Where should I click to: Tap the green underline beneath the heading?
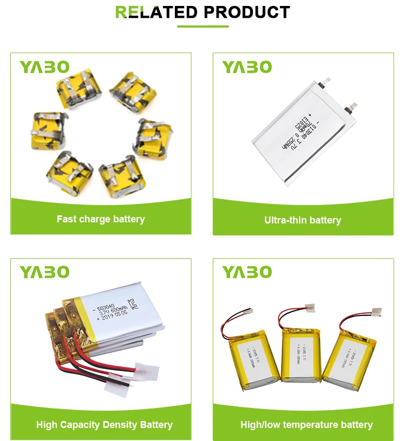click(202, 26)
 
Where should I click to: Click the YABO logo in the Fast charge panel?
click(45, 67)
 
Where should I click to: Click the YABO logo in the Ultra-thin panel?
click(247, 67)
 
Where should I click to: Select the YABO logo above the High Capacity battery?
click(45, 272)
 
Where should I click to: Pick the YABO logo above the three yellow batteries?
click(247, 272)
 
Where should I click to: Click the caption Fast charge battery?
click(101, 219)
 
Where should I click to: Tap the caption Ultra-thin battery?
click(303, 220)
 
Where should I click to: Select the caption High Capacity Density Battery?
click(104, 425)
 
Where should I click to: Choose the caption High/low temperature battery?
click(306, 425)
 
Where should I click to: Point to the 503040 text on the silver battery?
click(106, 309)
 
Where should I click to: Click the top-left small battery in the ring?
click(80, 90)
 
